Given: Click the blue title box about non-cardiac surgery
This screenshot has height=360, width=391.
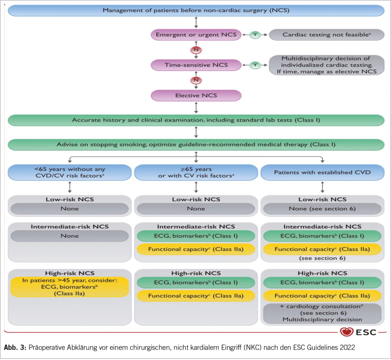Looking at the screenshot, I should (x=195, y=10).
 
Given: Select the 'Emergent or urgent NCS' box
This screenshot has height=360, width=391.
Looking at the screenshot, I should (x=195, y=35).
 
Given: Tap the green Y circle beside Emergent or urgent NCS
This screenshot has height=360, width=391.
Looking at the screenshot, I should (x=255, y=35).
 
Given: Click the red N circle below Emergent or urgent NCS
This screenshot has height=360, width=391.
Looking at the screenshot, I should (x=196, y=50).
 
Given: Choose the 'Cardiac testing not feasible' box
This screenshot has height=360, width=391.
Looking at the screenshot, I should (x=326, y=35).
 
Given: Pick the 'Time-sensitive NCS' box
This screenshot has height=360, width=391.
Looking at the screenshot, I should (x=195, y=65).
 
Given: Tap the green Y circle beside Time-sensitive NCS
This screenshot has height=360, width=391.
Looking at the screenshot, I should (x=255, y=65).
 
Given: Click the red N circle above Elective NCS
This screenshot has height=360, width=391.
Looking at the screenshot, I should (x=196, y=80).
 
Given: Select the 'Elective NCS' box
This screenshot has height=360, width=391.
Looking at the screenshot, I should (x=195, y=95).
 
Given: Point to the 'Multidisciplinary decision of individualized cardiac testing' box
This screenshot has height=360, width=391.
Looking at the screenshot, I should (x=326, y=65).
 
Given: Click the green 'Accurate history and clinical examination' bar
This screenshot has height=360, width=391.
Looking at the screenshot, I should (x=195, y=120).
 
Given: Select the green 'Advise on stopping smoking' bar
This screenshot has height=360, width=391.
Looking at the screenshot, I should (x=195, y=145).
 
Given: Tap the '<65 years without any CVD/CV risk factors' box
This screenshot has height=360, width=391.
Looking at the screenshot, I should (x=69, y=172).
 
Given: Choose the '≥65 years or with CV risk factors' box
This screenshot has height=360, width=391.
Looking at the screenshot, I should (x=195, y=172).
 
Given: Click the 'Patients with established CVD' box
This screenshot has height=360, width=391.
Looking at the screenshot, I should (x=323, y=172).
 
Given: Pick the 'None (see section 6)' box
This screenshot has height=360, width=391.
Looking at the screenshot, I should (x=323, y=208).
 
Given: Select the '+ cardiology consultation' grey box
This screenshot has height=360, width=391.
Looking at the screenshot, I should (x=323, y=313).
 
